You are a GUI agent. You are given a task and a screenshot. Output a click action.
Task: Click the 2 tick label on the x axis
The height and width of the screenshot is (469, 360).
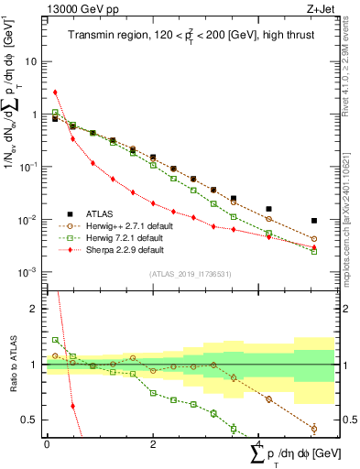(x=153, y=443)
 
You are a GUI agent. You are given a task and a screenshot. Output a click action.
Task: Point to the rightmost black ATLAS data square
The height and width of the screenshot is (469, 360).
(x=314, y=221)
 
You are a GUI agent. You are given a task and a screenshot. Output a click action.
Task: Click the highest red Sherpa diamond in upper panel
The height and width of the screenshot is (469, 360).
(x=55, y=92)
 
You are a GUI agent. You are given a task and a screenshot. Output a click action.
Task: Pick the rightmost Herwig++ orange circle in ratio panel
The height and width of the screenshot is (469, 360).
(x=314, y=428)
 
